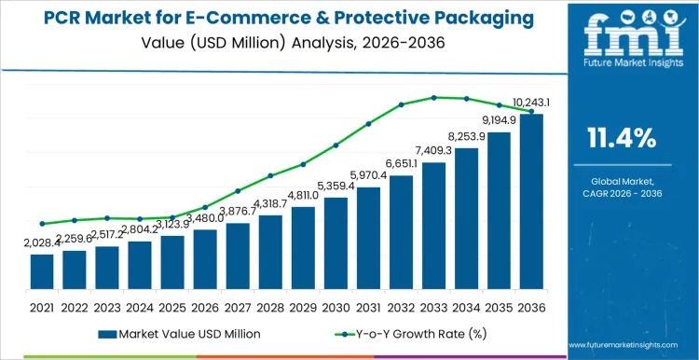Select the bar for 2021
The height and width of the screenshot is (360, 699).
[x=42, y=270]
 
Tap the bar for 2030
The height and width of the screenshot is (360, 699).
[x=336, y=242]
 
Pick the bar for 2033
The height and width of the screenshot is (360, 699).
[x=433, y=225]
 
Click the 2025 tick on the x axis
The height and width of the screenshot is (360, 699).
[x=172, y=306]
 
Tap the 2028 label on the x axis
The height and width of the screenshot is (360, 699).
[x=270, y=306]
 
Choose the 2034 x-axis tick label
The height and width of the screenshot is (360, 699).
[x=466, y=306]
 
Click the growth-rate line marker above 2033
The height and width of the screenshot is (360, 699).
[x=433, y=97]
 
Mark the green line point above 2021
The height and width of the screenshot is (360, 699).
[x=42, y=224]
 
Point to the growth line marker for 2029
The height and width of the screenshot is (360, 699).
[x=303, y=164]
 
